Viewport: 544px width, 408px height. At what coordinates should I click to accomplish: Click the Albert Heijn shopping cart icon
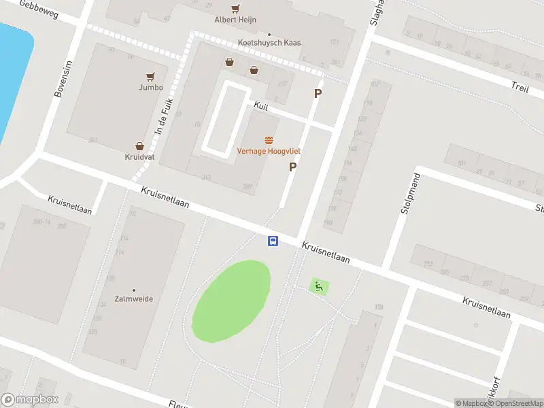pos(235,9)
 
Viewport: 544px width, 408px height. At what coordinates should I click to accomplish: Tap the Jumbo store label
pos(151,87)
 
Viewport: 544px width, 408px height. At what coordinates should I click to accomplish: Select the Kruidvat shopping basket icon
pos(139,146)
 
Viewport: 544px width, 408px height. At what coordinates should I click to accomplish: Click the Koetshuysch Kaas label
pos(269,43)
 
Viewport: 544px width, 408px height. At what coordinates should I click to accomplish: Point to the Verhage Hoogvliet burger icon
pos(269,139)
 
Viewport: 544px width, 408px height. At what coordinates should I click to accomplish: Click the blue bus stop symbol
pos(273,241)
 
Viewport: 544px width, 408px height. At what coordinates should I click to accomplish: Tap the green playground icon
pos(318,286)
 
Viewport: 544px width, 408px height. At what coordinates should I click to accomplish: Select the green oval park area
pos(231,301)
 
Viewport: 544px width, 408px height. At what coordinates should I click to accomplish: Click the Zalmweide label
pos(134,299)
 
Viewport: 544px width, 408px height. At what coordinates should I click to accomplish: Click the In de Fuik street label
pos(161,116)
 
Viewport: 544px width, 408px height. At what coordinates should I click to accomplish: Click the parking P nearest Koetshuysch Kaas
pos(317,94)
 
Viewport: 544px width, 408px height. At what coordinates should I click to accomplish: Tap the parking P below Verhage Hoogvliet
pos(293,167)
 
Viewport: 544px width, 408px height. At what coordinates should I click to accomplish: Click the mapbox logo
pos(30,400)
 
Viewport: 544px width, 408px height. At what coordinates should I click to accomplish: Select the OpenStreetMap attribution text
pos(513,403)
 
